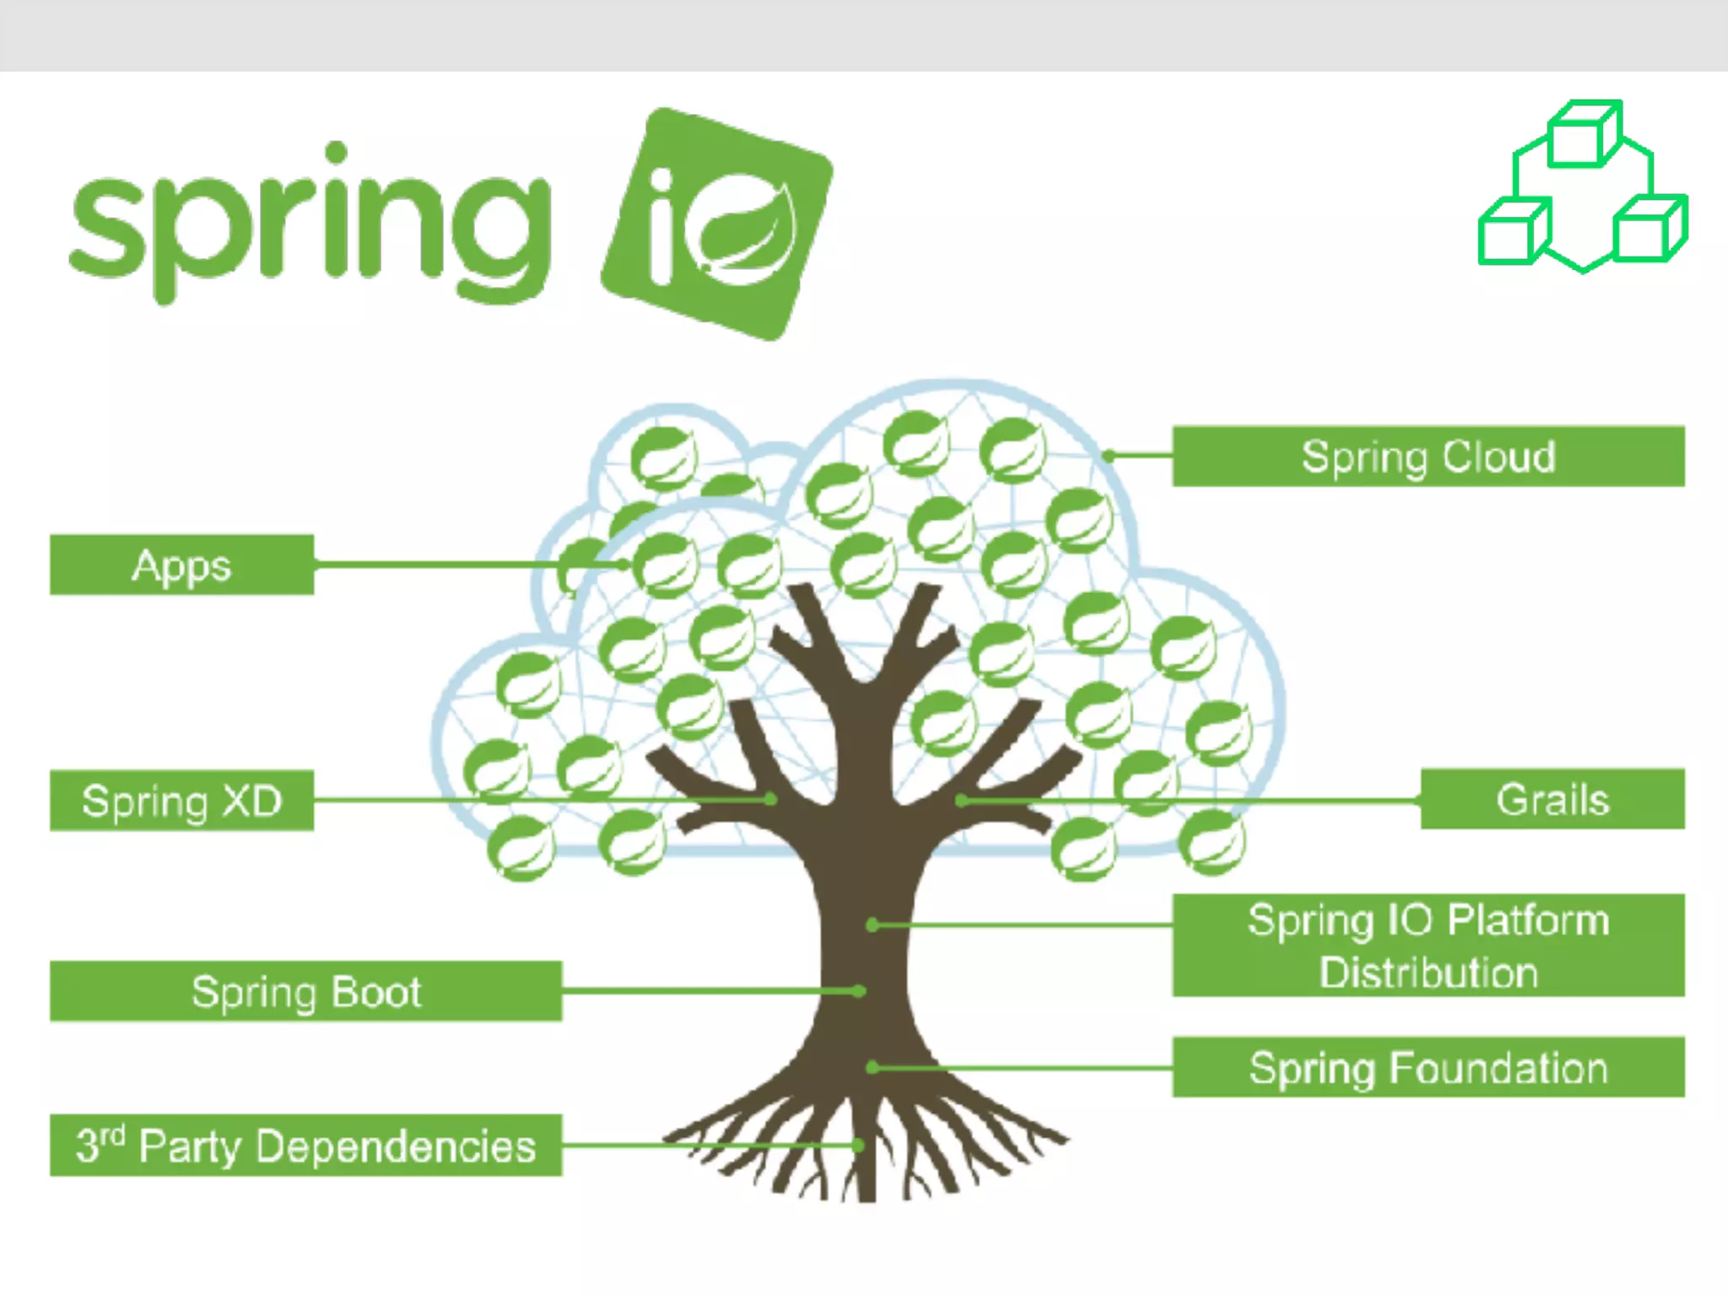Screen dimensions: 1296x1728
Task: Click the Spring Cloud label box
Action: pos(1428,456)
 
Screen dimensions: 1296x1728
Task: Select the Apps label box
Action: pos(181,564)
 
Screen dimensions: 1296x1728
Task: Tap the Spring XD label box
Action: pos(181,800)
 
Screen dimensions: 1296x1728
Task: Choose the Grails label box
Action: pos(1552,799)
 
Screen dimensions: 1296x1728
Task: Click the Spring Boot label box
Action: pos(305,991)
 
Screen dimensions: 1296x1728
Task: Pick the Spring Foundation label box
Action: pos(1428,1067)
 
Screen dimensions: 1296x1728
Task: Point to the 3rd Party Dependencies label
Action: pos(305,1145)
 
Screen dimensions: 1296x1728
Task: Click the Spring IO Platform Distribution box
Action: pos(1428,945)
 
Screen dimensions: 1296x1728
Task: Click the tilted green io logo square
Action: pos(717,224)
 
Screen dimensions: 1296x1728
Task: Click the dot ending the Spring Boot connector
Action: pos(859,991)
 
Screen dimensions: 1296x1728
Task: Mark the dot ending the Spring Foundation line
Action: pos(872,1067)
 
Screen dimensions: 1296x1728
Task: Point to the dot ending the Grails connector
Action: pos(961,800)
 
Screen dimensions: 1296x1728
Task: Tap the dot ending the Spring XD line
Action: pos(770,798)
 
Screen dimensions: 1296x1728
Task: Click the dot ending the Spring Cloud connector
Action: pos(1109,456)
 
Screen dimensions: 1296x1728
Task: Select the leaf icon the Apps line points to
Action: pos(666,565)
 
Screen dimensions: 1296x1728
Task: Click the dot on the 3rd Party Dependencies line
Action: pos(858,1145)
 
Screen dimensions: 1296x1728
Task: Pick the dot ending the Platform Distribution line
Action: pos(872,926)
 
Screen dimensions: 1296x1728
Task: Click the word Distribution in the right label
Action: pos(1428,973)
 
